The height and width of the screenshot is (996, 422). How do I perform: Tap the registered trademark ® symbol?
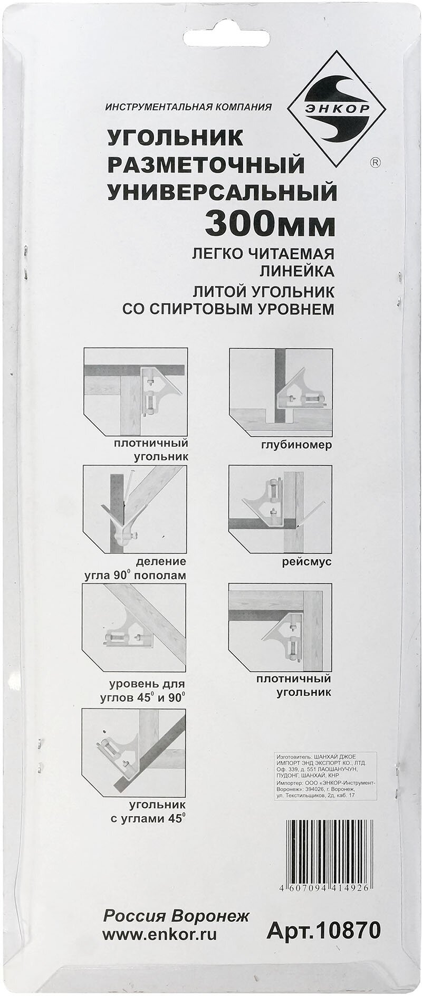(374, 162)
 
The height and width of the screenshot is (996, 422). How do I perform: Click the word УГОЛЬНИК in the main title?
(175, 139)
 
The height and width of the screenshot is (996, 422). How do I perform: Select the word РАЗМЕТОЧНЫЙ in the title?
(206, 165)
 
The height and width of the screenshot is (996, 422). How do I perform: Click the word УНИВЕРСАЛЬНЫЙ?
(222, 191)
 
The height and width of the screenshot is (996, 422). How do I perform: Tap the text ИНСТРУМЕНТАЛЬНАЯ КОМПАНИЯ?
(188, 107)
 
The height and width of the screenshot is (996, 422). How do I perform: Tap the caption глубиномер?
(296, 445)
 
